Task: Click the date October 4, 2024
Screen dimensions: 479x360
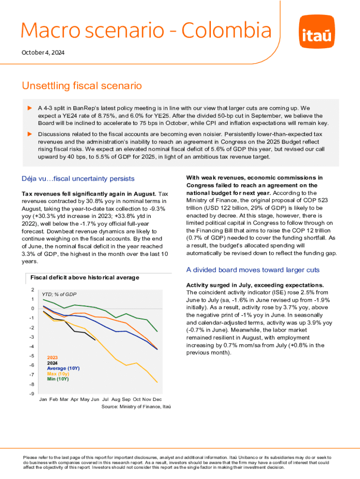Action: (43, 53)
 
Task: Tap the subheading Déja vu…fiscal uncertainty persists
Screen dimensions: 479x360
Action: (78, 179)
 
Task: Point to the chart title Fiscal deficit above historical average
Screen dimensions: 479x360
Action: (85, 277)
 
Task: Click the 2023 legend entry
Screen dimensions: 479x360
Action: (52, 358)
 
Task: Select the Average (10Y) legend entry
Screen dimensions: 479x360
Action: (63, 369)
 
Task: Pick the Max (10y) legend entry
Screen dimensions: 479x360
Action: (58, 374)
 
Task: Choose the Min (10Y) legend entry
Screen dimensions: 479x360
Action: (58, 379)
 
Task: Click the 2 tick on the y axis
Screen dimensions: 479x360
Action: (32, 290)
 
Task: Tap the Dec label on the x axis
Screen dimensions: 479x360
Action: (157, 399)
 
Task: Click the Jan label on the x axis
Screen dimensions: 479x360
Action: (43, 399)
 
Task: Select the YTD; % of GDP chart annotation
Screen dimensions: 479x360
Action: (59, 294)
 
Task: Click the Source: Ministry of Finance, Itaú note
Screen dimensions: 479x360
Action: (136, 407)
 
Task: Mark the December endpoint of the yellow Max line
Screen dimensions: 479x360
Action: (157, 383)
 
